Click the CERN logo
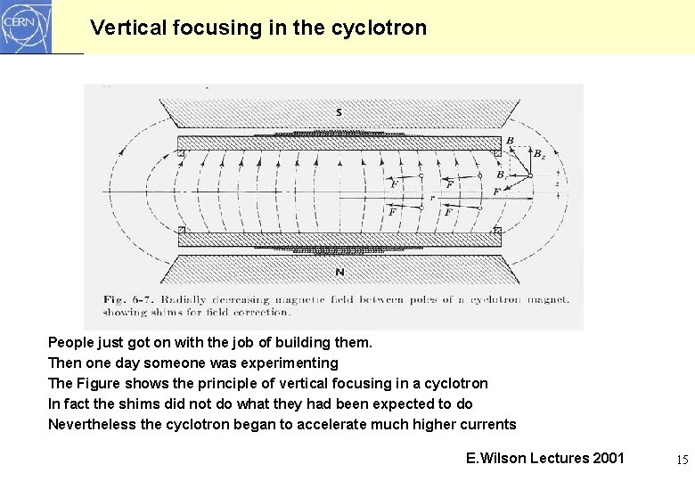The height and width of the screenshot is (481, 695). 26,27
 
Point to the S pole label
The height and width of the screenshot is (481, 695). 339,111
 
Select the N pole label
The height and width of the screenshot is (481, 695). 339,272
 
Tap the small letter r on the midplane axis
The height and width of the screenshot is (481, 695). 431,196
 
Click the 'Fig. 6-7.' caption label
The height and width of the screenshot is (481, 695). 130,299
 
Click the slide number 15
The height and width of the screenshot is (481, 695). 682,460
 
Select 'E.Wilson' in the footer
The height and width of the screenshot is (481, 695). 495,458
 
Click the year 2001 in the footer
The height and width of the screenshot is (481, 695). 608,458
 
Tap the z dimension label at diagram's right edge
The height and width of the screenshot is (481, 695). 557,183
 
